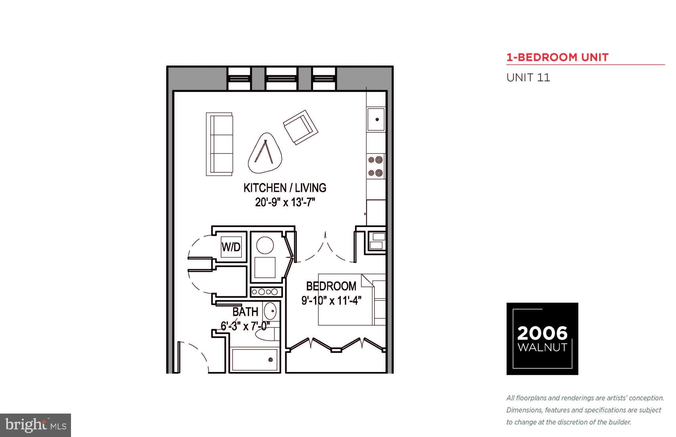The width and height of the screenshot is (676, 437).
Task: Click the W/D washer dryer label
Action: (231, 247)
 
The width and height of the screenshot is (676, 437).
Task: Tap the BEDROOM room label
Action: (331, 286)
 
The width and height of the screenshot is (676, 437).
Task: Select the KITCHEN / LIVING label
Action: (285, 188)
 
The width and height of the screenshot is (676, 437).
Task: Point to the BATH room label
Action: (245, 312)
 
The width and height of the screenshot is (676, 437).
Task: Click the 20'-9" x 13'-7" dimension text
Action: (285, 202)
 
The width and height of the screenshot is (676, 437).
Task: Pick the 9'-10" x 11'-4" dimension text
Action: (331, 301)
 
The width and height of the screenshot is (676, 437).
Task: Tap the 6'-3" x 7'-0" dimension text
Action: (245, 326)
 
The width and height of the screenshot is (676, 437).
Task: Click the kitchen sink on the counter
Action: (376, 119)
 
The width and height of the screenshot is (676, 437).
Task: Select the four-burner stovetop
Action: (376, 166)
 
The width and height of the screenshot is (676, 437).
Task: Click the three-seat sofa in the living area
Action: (219, 144)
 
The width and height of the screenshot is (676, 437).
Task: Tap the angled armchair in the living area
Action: (301, 127)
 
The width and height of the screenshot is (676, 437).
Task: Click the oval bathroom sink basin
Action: (271, 311)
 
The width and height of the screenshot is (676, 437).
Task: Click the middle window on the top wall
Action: (281, 79)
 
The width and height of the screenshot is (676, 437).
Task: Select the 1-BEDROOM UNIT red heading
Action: (557, 57)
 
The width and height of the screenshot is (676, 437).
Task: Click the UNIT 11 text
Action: (528, 78)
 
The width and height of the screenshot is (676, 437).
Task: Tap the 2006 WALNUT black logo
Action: (542, 339)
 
